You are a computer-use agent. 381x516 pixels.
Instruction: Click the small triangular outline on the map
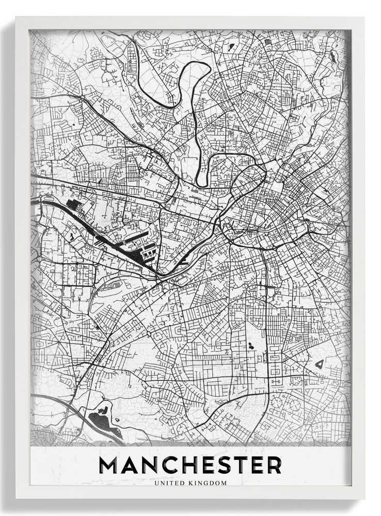pos(320,364)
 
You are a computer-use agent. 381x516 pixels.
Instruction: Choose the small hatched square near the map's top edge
pos(267,41)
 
